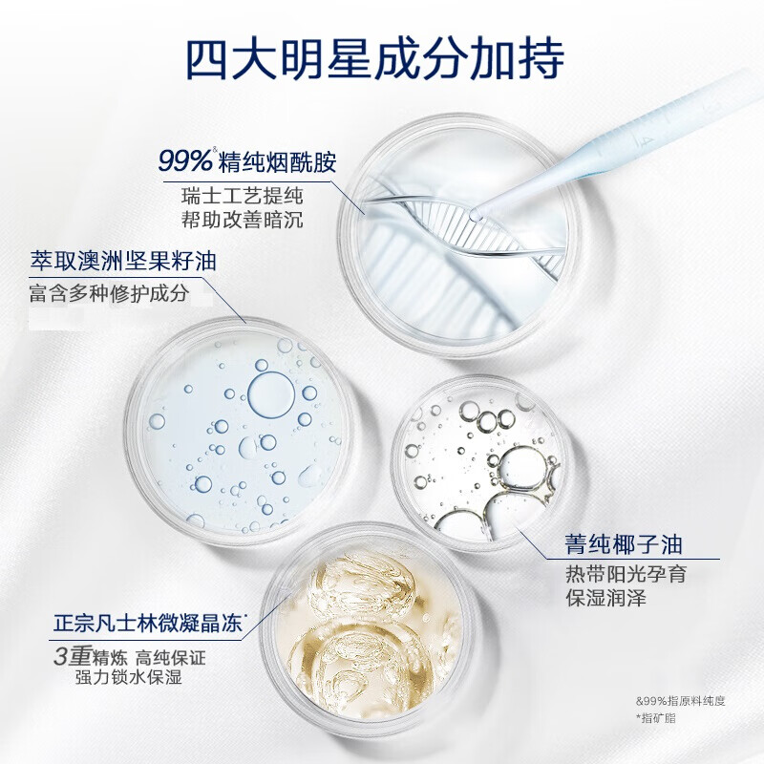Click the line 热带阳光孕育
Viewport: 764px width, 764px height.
click(x=625, y=575)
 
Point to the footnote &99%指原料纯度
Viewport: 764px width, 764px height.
click(x=680, y=700)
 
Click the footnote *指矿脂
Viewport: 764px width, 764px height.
click(x=655, y=717)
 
